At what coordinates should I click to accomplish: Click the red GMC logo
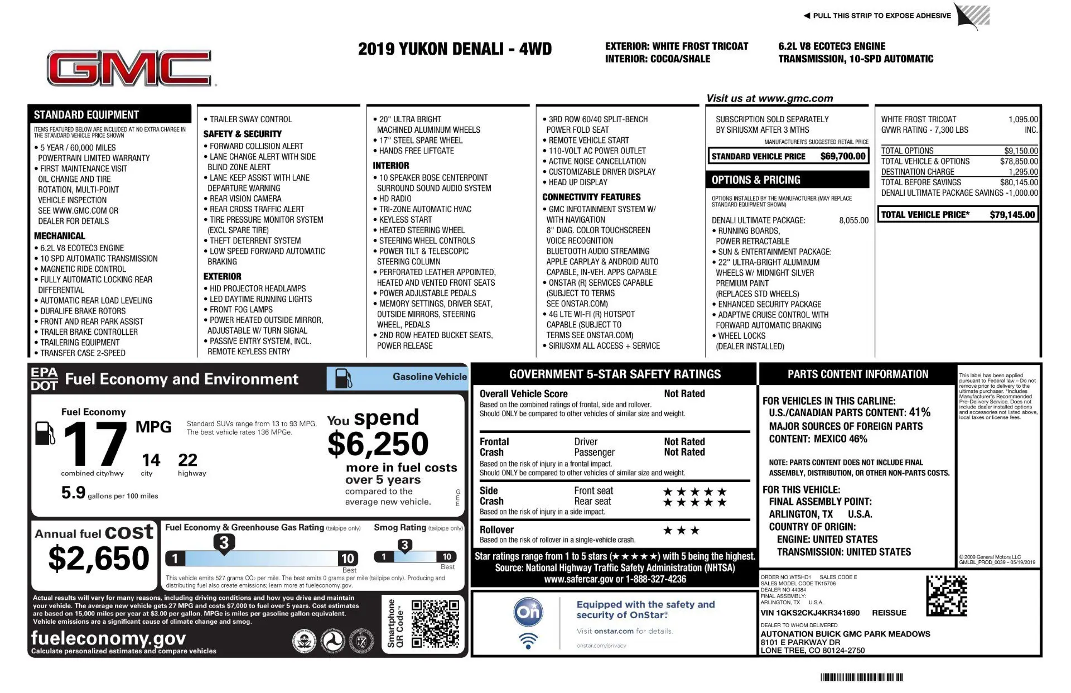[x=129, y=69]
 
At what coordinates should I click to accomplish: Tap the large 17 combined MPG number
[x=95, y=444]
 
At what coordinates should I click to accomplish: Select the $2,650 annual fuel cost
[x=99, y=559]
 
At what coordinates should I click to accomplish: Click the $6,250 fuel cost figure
[x=378, y=444]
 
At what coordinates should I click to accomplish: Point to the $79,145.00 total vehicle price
[x=1012, y=215]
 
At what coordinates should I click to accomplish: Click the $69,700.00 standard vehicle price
[x=842, y=157]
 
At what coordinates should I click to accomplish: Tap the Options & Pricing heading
[x=756, y=180]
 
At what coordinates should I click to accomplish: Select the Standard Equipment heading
[x=86, y=115]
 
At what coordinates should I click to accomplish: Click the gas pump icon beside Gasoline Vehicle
[x=343, y=378]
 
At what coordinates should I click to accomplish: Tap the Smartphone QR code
[x=435, y=623]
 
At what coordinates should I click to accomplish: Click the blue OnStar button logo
[x=528, y=612]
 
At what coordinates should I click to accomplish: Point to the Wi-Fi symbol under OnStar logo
[x=528, y=641]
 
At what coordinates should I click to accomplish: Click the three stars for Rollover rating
[x=681, y=531]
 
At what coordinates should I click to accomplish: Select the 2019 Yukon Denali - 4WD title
[x=455, y=50]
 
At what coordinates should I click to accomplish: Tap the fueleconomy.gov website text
[x=108, y=638]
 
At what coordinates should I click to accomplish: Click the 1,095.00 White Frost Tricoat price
[x=1023, y=119]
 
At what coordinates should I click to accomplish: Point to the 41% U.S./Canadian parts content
[x=919, y=412]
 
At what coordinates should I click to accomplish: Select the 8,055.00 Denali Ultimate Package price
[x=853, y=220]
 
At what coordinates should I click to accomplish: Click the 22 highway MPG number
[x=187, y=460]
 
